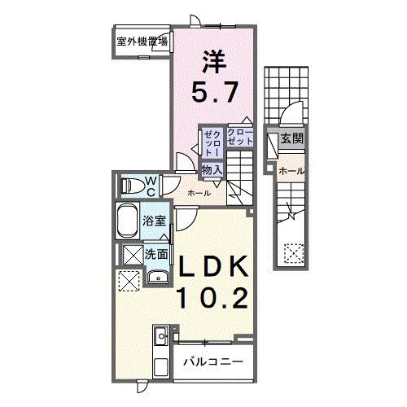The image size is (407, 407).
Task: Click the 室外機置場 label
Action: (142, 41)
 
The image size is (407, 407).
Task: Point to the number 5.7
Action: (216, 92)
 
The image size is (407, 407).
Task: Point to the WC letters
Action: (151, 185)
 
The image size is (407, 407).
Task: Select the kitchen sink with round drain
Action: (160, 333)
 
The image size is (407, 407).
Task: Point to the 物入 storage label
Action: (212, 169)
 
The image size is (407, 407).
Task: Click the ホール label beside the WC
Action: (199, 193)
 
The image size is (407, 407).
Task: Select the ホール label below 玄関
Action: (290, 171)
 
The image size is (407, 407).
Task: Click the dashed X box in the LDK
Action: (129, 281)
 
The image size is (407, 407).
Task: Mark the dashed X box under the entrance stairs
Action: (292, 253)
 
